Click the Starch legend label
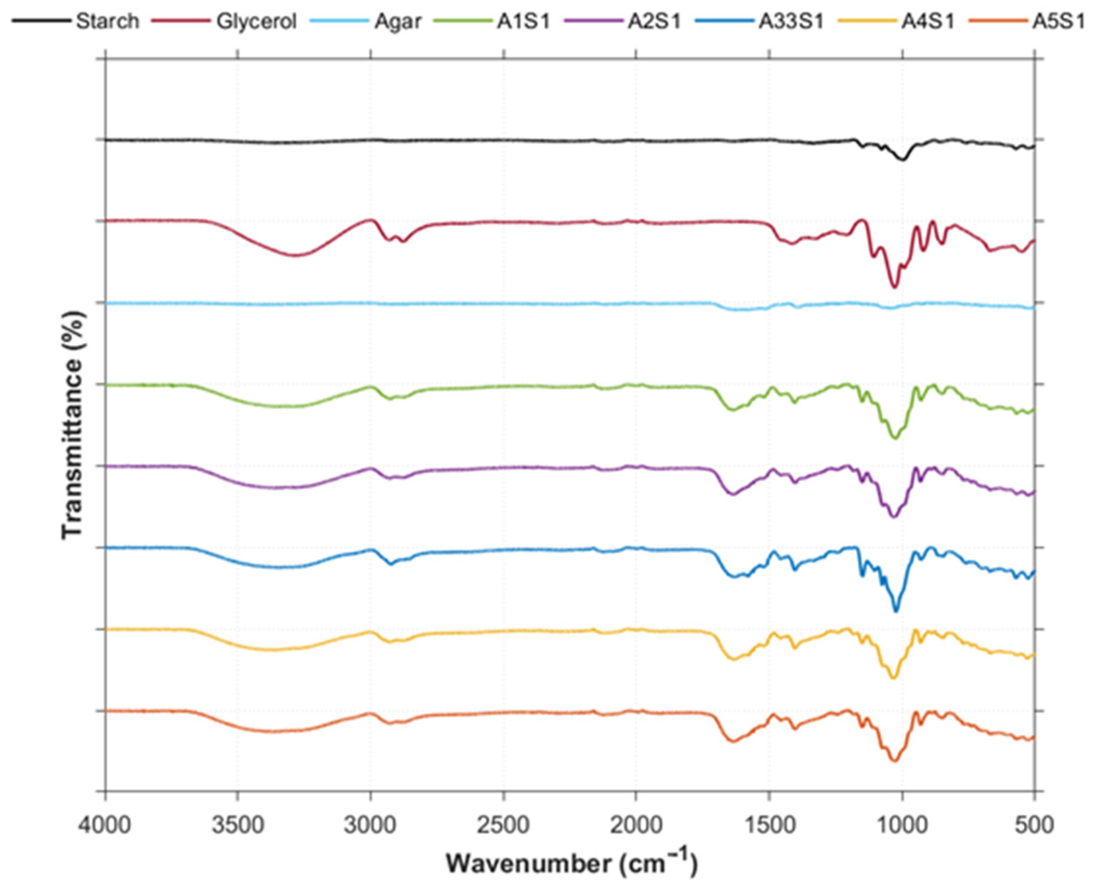107,22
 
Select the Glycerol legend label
256,22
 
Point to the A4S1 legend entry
928,22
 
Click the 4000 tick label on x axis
106,826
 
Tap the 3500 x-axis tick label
238,826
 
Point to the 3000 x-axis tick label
370,826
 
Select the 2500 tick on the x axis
503,826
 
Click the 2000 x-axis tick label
636,826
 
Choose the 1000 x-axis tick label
902,826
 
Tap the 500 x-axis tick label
1034,826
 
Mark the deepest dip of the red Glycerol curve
894,287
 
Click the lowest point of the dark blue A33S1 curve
896,610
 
